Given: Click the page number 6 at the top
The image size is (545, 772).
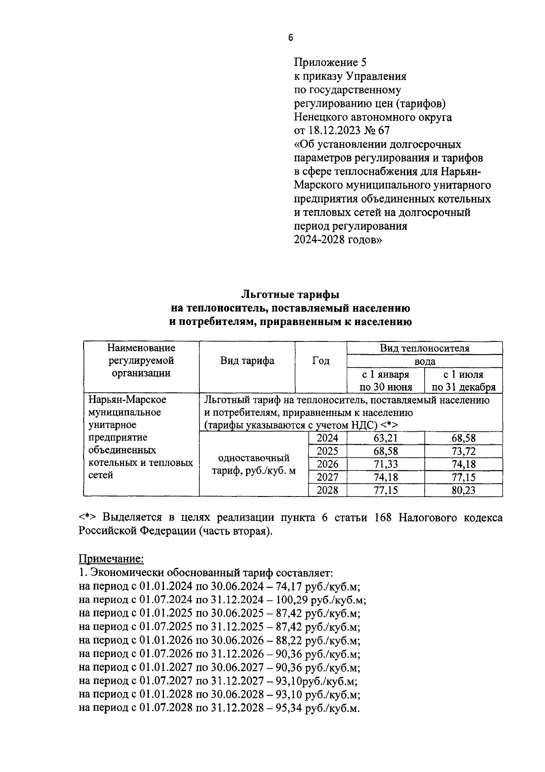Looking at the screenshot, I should [x=291, y=38].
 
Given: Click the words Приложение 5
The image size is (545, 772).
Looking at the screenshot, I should [x=330, y=62].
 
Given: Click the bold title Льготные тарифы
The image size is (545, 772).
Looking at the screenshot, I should [x=290, y=294].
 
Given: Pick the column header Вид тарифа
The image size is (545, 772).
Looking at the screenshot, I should [x=247, y=361].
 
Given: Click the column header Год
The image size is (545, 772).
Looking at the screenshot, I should [x=321, y=361].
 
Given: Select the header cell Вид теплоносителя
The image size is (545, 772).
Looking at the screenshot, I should [x=424, y=348].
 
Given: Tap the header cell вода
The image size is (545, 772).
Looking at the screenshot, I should [x=424, y=361].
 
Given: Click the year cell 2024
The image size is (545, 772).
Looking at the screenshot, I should [x=327, y=438].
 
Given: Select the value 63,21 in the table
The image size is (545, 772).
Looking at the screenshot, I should [x=385, y=438].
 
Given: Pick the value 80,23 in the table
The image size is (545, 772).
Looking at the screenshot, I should [x=463, y=491].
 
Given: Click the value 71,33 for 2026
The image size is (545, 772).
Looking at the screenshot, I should [x=385, y=464].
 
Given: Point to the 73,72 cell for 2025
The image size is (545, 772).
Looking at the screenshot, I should [x=463, y=451].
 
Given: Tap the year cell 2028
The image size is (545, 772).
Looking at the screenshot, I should [x=327, y=491].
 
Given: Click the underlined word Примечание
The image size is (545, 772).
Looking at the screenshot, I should [x=111, y=558].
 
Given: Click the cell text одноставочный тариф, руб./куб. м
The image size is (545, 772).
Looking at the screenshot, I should [x=254, y=464].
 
